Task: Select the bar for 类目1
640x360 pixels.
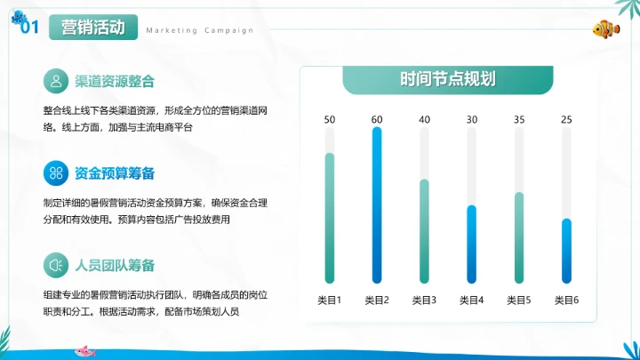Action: tap(329, 218)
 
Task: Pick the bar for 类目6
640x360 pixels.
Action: tap(566, 251)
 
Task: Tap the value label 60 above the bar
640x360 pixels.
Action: tap(377, 120)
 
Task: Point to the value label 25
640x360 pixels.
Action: tap(566, 120)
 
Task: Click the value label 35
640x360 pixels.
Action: tap(519, 120)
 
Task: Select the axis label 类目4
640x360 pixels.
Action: tap(472, 300)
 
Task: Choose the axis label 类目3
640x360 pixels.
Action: tap(424, 300)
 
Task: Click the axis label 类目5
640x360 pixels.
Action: tap(519, 300)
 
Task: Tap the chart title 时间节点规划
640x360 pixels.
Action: tap(448, 79)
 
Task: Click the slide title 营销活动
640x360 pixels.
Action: tap(92, 28)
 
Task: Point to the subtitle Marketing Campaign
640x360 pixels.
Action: tap(199, 30)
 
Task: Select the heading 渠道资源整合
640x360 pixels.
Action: tap(116, 82)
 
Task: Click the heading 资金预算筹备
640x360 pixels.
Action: tap(116, 172)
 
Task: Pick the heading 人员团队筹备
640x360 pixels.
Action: tap(116, 265)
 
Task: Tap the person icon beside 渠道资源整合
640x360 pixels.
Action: tap(57, 82)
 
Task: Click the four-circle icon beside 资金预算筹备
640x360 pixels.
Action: tap(57, 172)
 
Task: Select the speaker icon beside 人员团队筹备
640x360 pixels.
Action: tap(57, 265)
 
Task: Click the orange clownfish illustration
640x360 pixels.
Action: tap(606, 28)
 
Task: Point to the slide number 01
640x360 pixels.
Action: tap(28, 28)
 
